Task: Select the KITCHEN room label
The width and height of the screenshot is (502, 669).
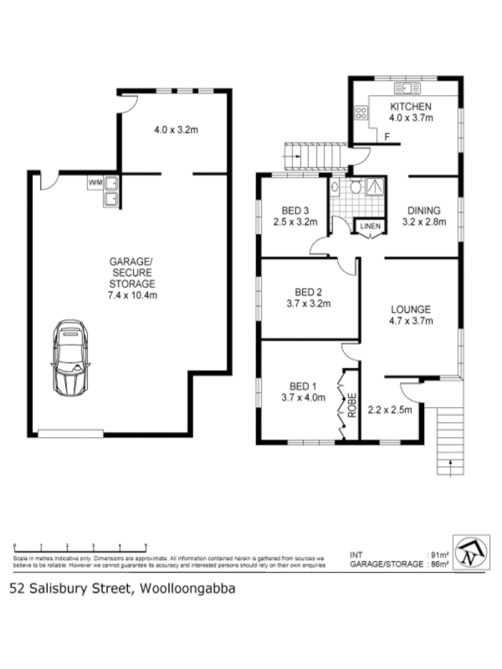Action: click(x=410, y=107)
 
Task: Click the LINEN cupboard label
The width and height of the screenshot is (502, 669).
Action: click(x=369, y=226)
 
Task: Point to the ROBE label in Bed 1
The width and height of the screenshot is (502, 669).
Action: click(x=352, y=406)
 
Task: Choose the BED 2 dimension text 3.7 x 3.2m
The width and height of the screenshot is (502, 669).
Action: click(x=309, y=304)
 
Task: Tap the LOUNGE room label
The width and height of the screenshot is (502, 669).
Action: click(x=410, y=308)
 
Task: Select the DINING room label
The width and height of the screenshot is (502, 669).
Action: click(x=424, y=210)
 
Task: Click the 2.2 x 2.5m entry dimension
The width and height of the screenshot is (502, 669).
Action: click(x=391, y=410)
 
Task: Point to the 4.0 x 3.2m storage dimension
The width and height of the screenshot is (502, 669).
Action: click(x=176, y=130)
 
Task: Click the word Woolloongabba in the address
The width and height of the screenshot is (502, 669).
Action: click(x=184, y=588)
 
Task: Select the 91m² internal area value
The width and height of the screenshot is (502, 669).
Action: click(x=439, y=554)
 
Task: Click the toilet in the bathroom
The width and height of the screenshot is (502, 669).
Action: click(x=356, y=188)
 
